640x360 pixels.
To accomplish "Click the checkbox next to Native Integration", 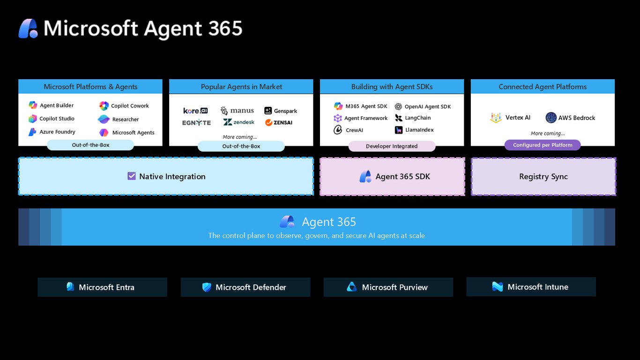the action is coord(132,176).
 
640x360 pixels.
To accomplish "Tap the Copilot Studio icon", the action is coord(33,119).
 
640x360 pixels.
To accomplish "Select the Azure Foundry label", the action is coord(58,132).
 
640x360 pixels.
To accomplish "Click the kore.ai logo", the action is coord(195,111).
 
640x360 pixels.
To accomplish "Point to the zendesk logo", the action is coord(238,122).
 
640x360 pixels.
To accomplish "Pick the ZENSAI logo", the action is coord(279,123).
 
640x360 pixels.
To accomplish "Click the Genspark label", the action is coord(285,111).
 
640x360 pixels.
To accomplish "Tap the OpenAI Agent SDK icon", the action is coord(398,107).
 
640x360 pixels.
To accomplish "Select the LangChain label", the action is coord(418,118).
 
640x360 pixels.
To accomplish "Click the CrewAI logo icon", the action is coord(338,130).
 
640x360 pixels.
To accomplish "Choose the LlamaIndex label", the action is coord(419,130).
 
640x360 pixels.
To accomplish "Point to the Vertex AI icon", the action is coord(496,118).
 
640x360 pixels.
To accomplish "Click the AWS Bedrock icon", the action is coord(551,118).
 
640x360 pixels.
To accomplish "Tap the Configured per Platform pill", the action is coord(543,145).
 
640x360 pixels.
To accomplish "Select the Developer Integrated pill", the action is coord(392,146).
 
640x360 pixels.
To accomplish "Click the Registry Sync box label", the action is coord(543,176).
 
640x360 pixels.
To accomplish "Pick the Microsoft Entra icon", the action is coord(70,286).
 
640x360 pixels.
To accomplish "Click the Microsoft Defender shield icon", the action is coord(207,287).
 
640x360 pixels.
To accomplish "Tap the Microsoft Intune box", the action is coord(531,286).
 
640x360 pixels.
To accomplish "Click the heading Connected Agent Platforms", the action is coord(543,87).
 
